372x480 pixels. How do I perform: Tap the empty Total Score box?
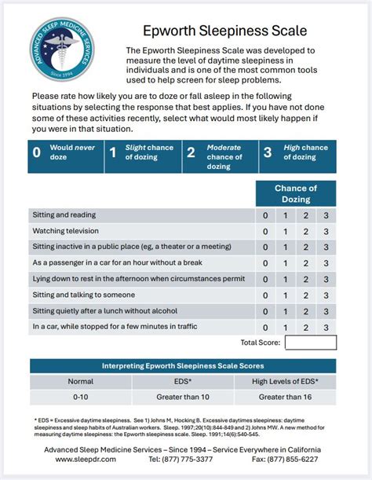click(310, 343)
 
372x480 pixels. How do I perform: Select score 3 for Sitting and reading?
click(326, 215)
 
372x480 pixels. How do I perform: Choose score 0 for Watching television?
click(265, 231)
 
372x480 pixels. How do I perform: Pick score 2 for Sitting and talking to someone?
click(305, 295)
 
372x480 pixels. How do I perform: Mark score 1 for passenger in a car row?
click(285, 263)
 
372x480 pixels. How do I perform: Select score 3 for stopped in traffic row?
click(326, 326)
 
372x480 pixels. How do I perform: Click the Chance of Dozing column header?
click(295, 193)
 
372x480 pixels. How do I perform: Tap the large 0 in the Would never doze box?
click(37, 152)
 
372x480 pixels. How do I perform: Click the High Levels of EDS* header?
click(285, 381)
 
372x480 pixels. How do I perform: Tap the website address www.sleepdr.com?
click(90, 459)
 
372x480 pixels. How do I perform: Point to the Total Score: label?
click(259, 343)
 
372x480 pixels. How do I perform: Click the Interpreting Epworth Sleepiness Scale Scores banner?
click(183, 366)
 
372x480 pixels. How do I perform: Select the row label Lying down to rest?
click(138, 279)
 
